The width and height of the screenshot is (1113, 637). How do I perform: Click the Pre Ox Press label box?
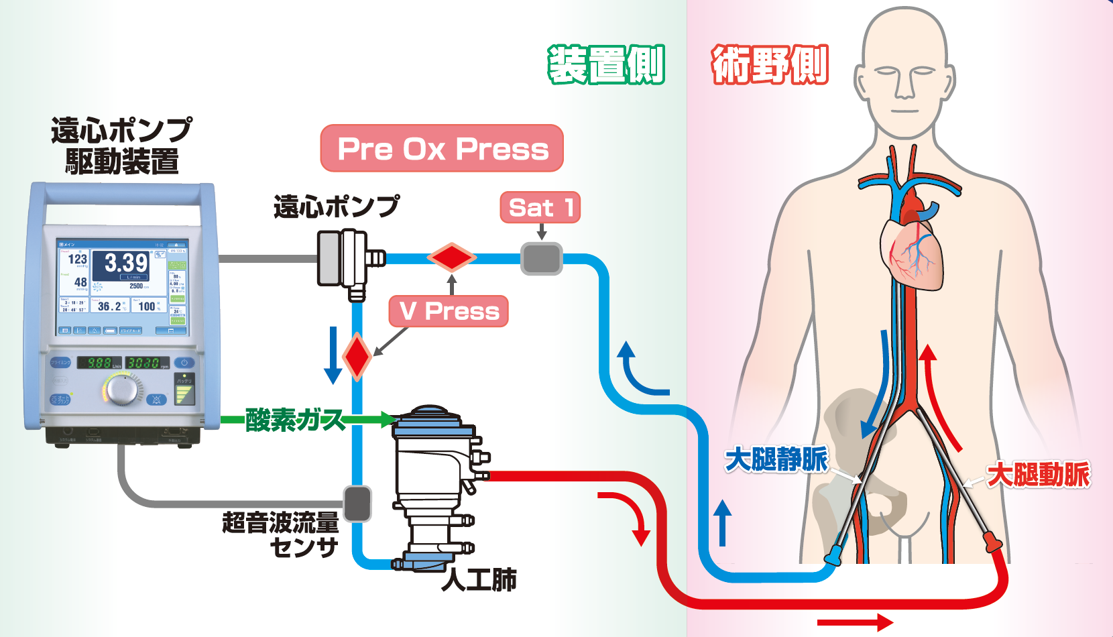[x=442, y=148]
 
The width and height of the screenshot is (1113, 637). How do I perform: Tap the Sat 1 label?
[x=540, y=207]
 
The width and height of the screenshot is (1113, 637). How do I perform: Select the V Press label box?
[x=449, y=311]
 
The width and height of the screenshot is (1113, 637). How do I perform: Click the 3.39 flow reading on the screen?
[x=126, y=263]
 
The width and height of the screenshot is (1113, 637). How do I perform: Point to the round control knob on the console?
[x=122, y=389]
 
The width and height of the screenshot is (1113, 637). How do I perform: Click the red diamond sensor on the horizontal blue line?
[x=452, y=257]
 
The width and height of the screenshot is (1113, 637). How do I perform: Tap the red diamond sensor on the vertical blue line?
[x=357, y=356]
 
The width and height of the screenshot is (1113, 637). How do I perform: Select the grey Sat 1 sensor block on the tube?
[x=542, y=259]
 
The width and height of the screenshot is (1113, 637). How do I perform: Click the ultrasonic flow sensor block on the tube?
[x=357, y=504]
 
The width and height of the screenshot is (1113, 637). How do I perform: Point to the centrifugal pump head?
[x=343, y=259]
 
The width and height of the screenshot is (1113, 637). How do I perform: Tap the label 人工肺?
[x=479, y=579]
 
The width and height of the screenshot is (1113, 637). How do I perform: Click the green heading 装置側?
[x=606, y=65]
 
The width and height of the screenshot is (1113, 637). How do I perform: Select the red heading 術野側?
[x=770, y=65]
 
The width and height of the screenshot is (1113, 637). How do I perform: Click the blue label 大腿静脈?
[x=776, y=460]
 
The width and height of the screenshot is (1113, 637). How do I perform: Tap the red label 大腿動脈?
[x=1039, y=474]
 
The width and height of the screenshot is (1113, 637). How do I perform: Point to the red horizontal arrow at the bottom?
[x=854, y=622]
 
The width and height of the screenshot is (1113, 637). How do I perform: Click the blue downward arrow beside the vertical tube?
[x=333, y=355]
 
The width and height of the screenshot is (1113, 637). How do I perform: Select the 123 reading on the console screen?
[x=77, y=259]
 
